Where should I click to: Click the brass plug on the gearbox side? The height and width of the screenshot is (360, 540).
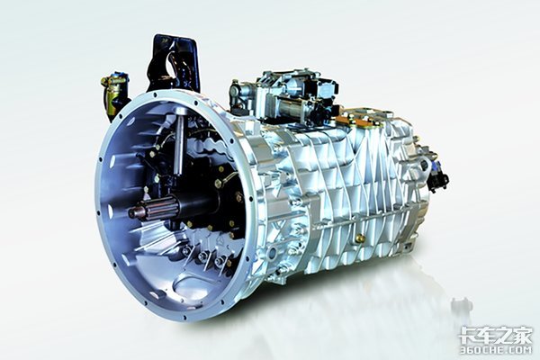pyautogui.click(x=360, y=238)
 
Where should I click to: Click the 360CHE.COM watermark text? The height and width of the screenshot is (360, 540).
pyautogui.click(x=497, y=350)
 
